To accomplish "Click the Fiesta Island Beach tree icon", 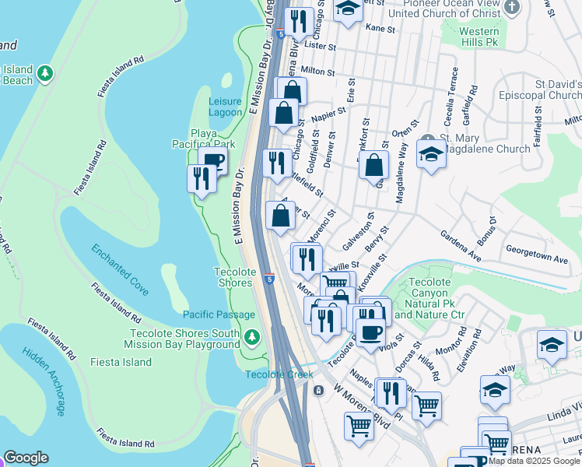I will (46, 73).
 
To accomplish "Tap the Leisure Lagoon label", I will (226, 107).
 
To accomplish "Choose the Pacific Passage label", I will (219, 314).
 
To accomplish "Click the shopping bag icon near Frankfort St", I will (374, 165).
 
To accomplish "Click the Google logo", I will (26, 458).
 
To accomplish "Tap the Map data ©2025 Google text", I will (534, 461).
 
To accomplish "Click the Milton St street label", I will (317, 71).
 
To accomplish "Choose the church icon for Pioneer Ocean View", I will (511, 7).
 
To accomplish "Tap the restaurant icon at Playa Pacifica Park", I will (201, 178).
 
